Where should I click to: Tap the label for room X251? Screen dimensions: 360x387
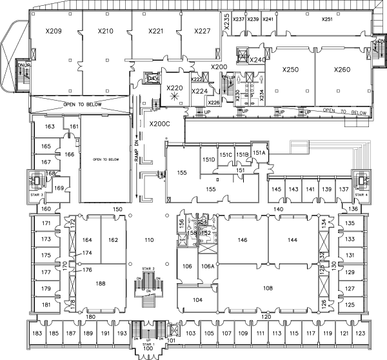pyautogui.click(x=327, y=19)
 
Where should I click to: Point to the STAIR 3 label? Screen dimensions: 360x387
pyautogui.click(x=37, y=194)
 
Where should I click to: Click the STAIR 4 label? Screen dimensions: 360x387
pyautogui.click(x=362, y=194)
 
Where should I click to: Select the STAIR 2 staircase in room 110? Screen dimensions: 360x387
pyautogui.click(x=147, y=283)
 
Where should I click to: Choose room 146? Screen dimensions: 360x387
pyautogui.click(x=243, y=239)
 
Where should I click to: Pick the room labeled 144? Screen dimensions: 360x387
pyautogui.click(x=292, y=239)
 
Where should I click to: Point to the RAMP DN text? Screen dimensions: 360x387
pyautogui.click(x=136, y=152)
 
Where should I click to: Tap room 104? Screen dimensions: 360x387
pyautogui.click(x=197, y=299)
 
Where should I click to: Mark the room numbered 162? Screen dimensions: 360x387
pyautogui.click(x=113, y=240)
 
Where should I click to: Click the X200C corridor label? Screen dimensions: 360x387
pyautogui.click(x=159, y=124)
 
